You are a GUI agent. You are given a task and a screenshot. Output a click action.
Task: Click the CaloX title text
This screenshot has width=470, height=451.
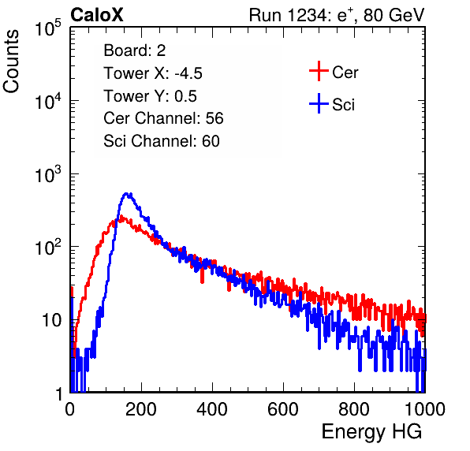pyautogui.click(x=96, y=15)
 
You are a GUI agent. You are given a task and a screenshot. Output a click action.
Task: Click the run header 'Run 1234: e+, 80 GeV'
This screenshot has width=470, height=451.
pyautogui.click(x=337, y=15)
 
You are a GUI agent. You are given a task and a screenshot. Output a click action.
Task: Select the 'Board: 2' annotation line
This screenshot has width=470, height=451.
pyautogui.click(x=135, y=50)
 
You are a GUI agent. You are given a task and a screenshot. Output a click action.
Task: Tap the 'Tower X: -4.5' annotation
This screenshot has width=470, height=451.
pyautogui.click(x=153, y=73)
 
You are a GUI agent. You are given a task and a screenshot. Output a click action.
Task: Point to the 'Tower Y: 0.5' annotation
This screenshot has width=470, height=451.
pyautogui.click(x=150, y=96)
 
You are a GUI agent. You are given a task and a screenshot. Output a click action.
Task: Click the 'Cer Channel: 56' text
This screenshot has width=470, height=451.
pyautogui.click(x=163, y=118)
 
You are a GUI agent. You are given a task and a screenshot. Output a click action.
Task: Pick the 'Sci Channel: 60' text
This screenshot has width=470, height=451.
pyautogui.click(x=162, y=141)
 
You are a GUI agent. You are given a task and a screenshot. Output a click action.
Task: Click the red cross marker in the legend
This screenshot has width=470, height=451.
pyautogui.click(x=319, y=71)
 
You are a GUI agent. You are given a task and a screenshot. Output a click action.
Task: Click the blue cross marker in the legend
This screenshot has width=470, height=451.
pyautogui.click(x=319, y=103)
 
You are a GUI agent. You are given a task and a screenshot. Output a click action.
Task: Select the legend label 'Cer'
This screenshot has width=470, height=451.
pyautogui.click(x=345, y=73)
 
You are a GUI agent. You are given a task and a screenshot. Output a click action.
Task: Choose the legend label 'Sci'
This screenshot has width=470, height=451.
pyautogui.click(x=343, y=105)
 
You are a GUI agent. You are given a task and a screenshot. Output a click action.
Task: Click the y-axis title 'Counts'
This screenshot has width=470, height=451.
pyautogui.click(x=11, y=61)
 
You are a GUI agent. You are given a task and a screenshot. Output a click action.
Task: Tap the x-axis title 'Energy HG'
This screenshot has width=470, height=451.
pyautogui.click(x=371, y=432)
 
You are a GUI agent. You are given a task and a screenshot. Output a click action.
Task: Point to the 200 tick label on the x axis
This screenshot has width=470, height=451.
pyautogui.click(x=141, y=409)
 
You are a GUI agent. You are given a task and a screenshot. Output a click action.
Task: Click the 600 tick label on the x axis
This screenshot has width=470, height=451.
pyautogui.click(x=283, y=409)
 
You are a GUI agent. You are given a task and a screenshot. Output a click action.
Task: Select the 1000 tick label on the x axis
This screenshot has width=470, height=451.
pyautogui.click(x=425, y=409)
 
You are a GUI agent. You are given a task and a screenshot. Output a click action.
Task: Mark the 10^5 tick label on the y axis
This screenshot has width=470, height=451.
pyautogui.click(x=47, y=28)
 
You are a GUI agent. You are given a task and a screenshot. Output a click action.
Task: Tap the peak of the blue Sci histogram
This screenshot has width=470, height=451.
pyautogui.click(x=127, y=194)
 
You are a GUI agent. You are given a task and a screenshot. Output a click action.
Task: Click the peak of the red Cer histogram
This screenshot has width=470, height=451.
pyautogui.click(x=121, y=217)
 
